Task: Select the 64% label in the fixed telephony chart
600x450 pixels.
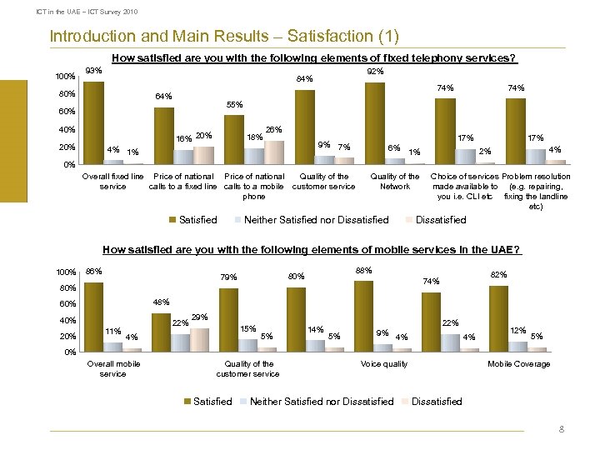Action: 164,97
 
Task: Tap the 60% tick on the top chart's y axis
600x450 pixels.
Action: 65,112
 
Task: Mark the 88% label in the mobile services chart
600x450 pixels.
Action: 363,270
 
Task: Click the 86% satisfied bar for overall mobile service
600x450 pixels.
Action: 93,317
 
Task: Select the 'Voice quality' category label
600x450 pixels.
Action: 383,364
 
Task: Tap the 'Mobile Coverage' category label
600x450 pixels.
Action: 518,364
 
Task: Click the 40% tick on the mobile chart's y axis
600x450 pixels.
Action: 65,321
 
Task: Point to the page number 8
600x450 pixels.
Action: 562,430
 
